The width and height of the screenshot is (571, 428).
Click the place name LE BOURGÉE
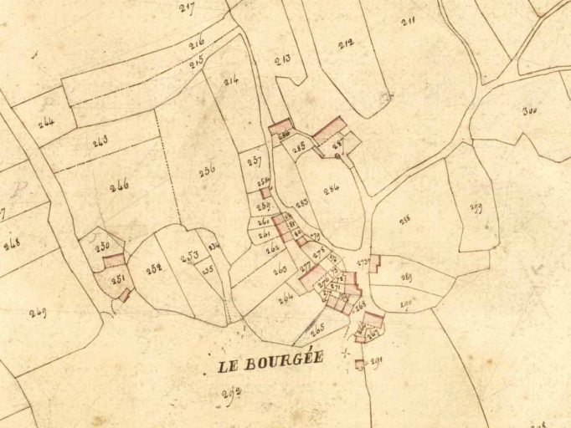pyautogui.click(x=270, y=364)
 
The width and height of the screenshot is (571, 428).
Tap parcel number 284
pyautogui.click(x=332, y=189)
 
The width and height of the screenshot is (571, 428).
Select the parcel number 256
pyautogui.click(x=207, y=169)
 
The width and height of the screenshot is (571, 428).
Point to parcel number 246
pyautogui.click(x=119, y=186)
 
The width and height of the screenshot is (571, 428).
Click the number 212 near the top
pyautogui.click(x=346, y=43)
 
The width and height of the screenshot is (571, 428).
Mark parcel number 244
pyautogui.click(x=46, y=122)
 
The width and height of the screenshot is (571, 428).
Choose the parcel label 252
pyautogui.click(x=153, y=268)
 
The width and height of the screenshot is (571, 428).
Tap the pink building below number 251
pyautogui.click(x=125, y=294)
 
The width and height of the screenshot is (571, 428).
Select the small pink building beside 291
pyautogui.click(x=360, y=364)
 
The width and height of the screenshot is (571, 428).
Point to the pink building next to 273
pyautogui.click(x=375, y=262)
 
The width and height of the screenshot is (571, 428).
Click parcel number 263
pyautogui.click(x=280, y=268)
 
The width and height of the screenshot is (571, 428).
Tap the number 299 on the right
pyautogui.click(x=476, y=208)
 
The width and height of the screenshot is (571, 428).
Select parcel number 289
pyautogui.click(x=406, y=277)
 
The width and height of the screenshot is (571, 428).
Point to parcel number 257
pyautogui.click(x=254, y=161)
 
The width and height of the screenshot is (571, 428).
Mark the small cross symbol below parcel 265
pyautogui.click(x=345, y=352)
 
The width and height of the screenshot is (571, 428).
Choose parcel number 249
pyautogui.click(x=38, y=313)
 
